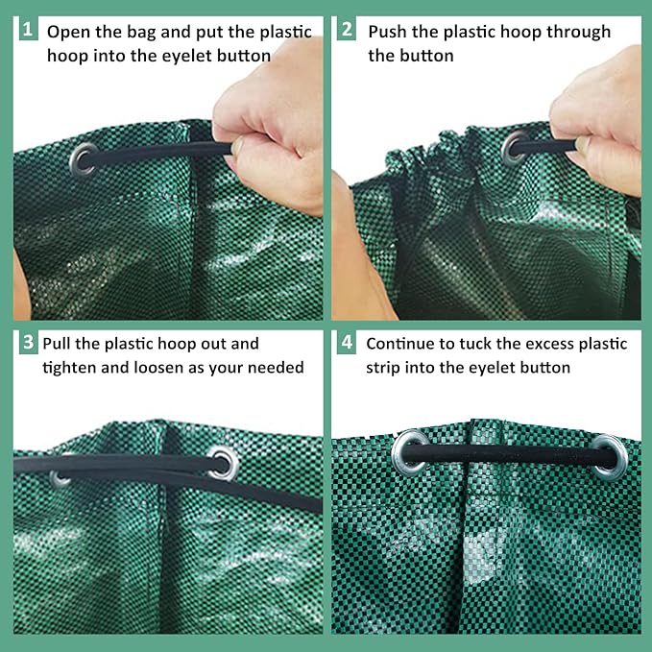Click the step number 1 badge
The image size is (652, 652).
pos(27,30)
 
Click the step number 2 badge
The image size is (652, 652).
pos(346,30)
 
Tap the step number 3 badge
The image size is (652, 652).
pos(27,343)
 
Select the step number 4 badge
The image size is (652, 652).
pos(346,343)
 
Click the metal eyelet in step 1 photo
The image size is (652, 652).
pos(84,157)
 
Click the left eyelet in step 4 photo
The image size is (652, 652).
pos(410,450)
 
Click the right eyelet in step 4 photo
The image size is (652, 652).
pos(609,453)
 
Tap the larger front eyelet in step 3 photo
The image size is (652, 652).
pos(221,461)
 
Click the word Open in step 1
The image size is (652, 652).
pos(67,32)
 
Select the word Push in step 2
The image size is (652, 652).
pos(389,32)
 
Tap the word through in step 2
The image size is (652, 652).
pos(579,32)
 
